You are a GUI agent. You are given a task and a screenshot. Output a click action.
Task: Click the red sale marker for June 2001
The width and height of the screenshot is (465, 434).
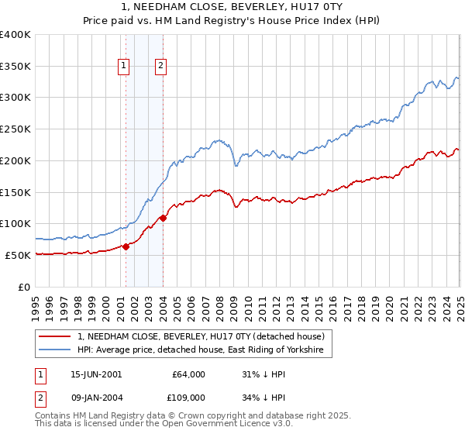tap(126, 246)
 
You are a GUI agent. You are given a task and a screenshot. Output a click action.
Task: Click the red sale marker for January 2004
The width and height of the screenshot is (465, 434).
tap(163, 218)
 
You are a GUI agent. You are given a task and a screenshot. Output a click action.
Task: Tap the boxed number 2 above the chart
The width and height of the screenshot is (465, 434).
tap(160, 67)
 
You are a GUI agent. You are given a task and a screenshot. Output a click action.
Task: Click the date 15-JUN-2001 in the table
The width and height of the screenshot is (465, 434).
tap(96, 374)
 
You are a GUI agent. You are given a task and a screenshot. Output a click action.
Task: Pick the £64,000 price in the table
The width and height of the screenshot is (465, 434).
tap(189, 374)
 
